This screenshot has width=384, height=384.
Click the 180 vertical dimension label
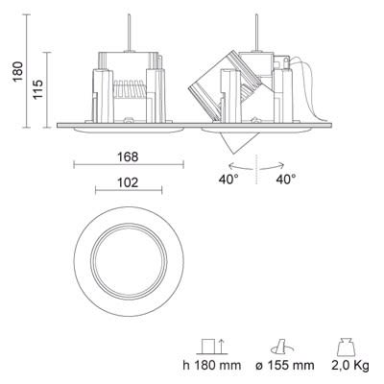coord(18,71)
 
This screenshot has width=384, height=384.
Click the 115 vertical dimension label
coord(37,89)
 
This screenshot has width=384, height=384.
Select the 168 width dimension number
coord(128,156)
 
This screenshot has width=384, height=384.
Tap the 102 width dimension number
coord(128,182)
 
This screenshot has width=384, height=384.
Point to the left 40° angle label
coord(228,180)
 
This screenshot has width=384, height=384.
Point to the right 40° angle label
coord(286,180)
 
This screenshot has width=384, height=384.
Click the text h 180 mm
coord(212,365)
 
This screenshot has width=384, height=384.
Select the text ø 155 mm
coord(285,365)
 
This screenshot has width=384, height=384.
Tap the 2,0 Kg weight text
coord(350,365)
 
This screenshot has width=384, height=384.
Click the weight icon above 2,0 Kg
coord(347,347)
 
